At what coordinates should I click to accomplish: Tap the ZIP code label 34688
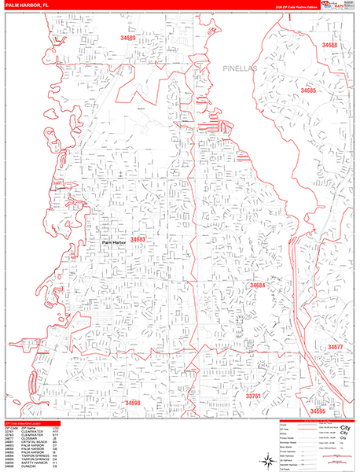pyautogui.click(x=329, y=46)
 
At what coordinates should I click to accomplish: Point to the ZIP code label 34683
pyautogui.click(x=138, y=239)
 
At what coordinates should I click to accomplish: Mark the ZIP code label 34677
pyautogui.click(x=336, y=347)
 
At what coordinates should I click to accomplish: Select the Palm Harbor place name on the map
pyautogui.click(x=115, y=244)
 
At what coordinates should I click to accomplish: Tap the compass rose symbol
pyautogui.click(x=268, y=459)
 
